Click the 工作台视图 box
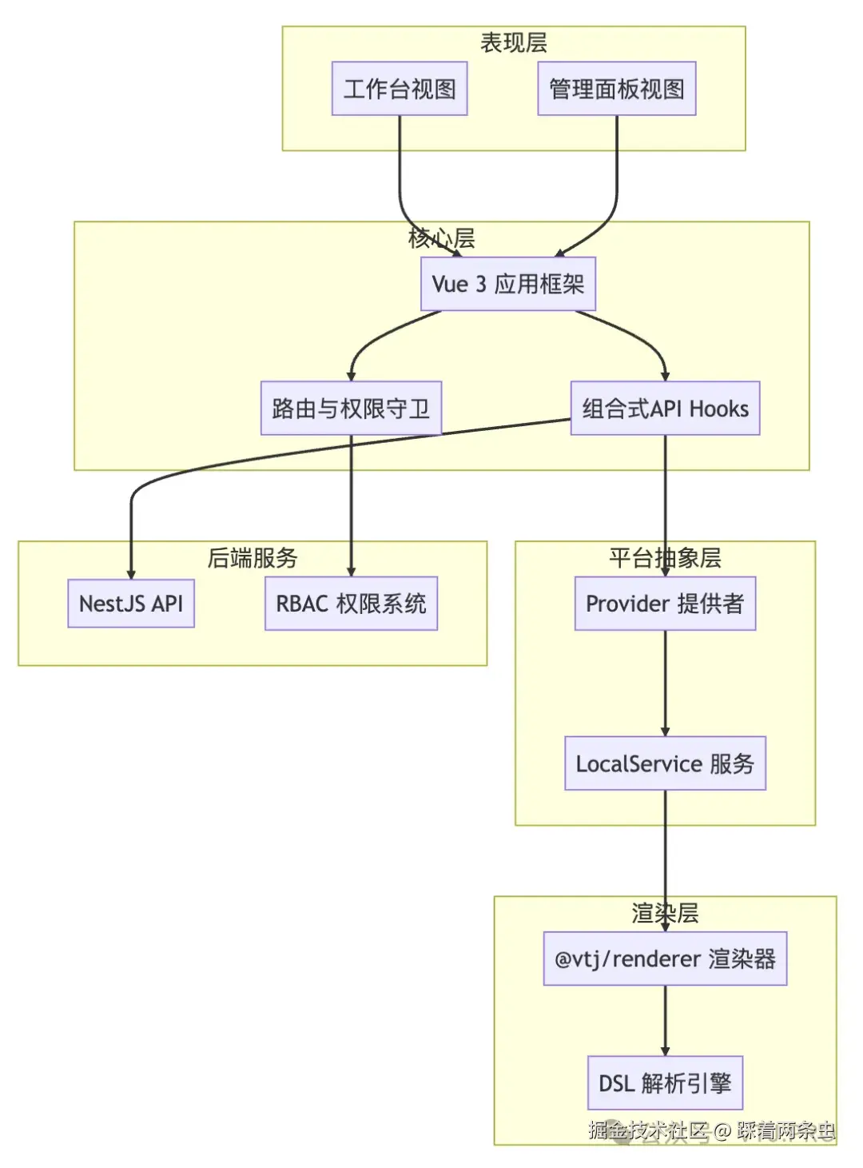click(400, 89)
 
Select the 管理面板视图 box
click(616, 89)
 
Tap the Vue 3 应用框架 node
click(508, 284)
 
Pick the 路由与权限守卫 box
click(351, 409)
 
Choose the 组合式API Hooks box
click(665, 409)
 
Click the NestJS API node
click(131, 604)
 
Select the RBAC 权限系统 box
click(351, 604)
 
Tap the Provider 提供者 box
click(665, 604)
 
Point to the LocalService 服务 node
click(665, 763)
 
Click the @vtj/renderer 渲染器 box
click(665, 959)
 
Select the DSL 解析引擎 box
click(665, 1083)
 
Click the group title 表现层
click(513, 43)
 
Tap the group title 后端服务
click(253, 558)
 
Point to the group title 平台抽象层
click(665, 558)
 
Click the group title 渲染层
click(665, 913)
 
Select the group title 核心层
click(442, 238)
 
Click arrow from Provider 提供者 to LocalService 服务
click(665, 684)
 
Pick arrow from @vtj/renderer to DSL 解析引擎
click(665, 1021)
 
